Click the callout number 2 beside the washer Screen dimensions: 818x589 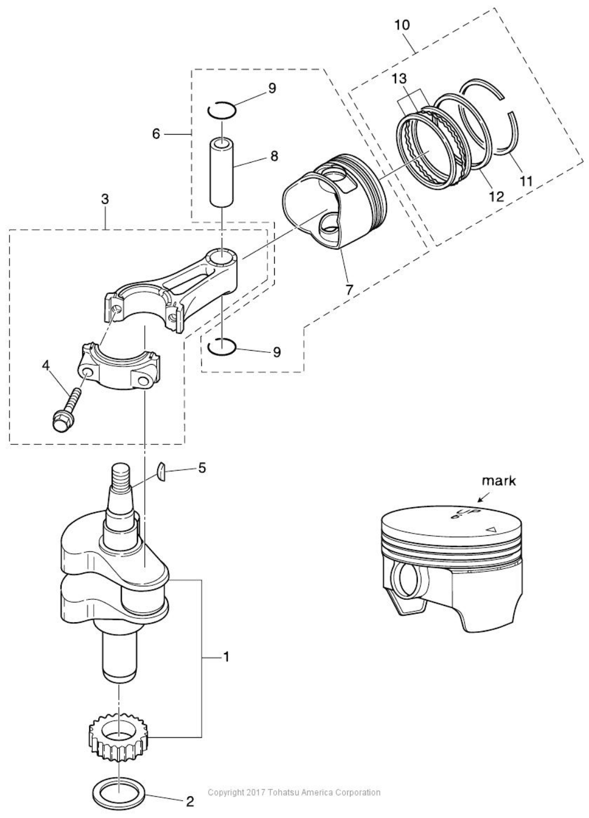(x=190, y=801)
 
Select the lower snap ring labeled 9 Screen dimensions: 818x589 (x=221, y=347)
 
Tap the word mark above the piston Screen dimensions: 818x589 (x=499, y=481)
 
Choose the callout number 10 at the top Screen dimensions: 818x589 (x=402, y=25)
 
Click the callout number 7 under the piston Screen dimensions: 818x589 (x=348, y=289)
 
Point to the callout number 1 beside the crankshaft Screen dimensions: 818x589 (x=226, y=656)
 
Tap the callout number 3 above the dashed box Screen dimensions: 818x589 (x=105, y=199)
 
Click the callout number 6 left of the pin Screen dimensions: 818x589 (x=156, y=134)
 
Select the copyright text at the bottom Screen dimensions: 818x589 (x=294, y=792)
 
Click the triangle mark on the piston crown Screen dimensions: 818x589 (x=491, y=529)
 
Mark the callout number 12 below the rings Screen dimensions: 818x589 (x=496, y=196)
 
